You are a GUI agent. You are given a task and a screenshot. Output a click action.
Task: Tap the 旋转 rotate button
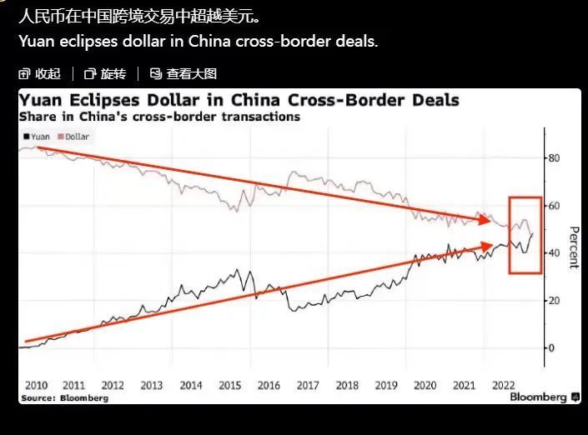pyautogui.click(x=104, y=74)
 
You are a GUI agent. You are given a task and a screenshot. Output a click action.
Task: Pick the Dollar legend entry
pyautogui.click(x=73, y=135)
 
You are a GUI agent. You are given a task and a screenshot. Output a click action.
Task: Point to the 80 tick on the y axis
pyautogui.click(x=554, y=158)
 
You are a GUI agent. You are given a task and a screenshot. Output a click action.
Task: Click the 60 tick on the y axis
pyautogui.click(x=554, y=206)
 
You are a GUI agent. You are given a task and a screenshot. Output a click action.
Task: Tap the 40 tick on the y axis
pyautogui.click(x=554, y=253)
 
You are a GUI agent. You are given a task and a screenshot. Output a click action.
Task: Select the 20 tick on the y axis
pyautogui.click(x=554, y=301)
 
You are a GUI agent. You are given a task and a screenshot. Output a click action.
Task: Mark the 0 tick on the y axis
pyautogui.click(x=551, y=347)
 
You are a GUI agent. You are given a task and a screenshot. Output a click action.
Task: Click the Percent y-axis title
pyautogui.click(x=573, y=247)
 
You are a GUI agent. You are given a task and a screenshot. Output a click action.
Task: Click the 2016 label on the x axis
pyautogui.click(x=268, y=385)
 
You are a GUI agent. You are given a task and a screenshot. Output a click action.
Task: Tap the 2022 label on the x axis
pyautogui.click(x=503, y=385)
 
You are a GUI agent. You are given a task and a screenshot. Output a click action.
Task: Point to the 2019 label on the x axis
pyautogui.click(x=385, y=385)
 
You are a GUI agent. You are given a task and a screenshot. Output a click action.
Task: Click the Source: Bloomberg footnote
pyautogui.click(x=64, y=398)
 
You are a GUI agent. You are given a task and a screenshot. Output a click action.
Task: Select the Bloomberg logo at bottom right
pyautogui.click(x=540, y=397)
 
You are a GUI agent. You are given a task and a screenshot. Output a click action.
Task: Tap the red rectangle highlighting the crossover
pyautogui.click(x=525, y=235)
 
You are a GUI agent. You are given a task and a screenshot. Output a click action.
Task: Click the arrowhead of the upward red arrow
pyautogui.click(x=489, y=245)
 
